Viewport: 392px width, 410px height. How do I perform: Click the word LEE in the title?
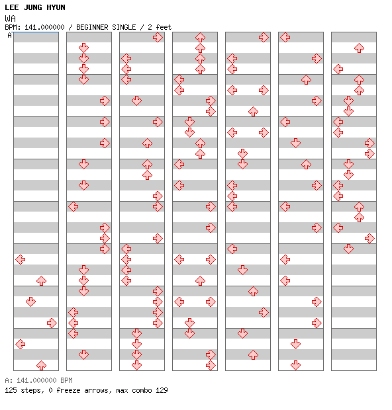(12, 7)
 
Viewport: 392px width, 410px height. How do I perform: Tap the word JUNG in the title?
(32, 7)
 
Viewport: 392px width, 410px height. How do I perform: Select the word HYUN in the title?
(56, 7)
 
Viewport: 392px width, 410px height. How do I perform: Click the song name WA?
(10, 19)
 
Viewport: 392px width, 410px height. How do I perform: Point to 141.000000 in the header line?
(44, 27)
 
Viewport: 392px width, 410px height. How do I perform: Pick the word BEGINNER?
(92, 27)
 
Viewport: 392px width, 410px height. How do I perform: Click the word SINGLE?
(124, 27)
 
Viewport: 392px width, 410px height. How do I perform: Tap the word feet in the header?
(164, 27)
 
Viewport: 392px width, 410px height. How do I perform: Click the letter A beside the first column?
(10, 35)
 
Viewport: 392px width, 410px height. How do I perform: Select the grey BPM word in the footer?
(66, 380)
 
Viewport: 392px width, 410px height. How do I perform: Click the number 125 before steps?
(11, 390)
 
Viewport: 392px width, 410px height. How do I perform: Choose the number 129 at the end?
(162, 390)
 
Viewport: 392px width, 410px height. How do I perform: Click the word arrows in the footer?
(96, 391)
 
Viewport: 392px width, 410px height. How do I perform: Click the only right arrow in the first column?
(52, 323)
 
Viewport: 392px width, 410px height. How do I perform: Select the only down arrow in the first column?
(31, 302)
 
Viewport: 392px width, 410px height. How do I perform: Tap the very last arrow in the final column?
(348, 249)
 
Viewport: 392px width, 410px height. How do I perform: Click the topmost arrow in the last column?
(359, 48)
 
